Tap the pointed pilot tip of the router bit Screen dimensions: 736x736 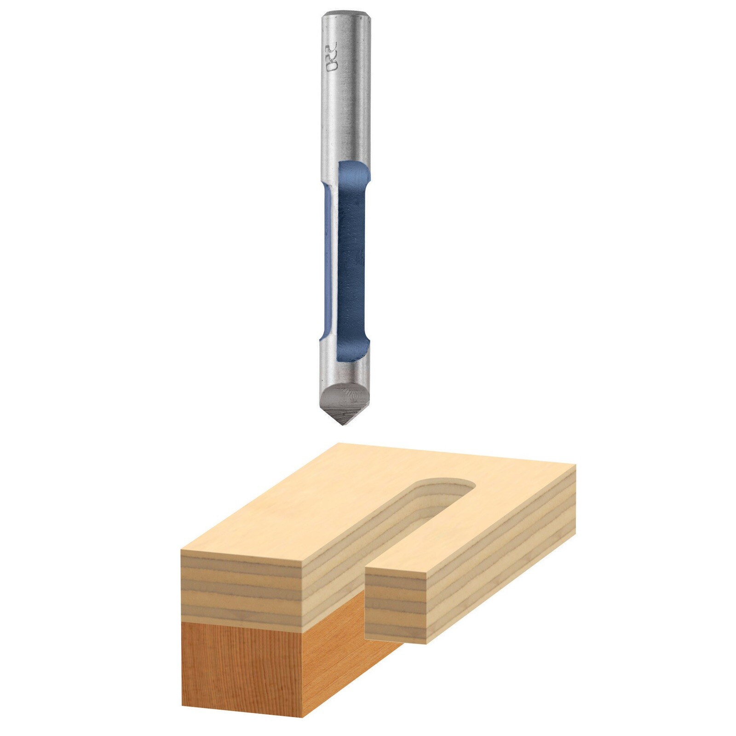click(342, 420)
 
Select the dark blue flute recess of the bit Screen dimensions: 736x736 click(352, 258)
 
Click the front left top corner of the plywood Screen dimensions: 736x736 click(183, 550)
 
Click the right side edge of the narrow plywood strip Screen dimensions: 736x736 click(501, 593)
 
